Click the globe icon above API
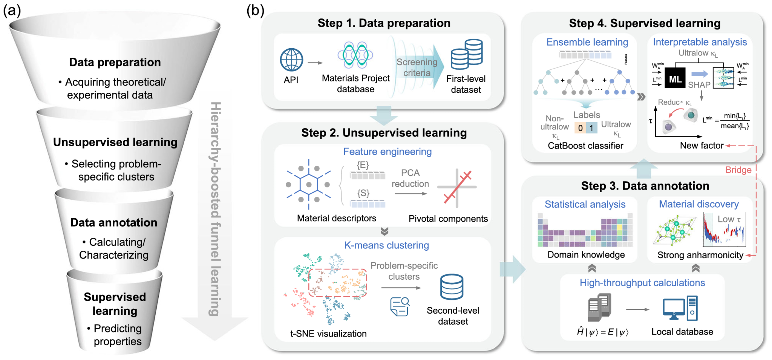pyautogui.click(x=291, y=60)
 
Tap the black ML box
pyautogui.click(x=675, y=78)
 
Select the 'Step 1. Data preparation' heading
pyautogui.click(x=384, y=23)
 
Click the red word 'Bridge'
pyautogui.click(x=738, y=170)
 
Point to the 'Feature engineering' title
pyautogui.click(x=387, y=152)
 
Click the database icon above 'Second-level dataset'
pyautogui.click(x=452, y=287)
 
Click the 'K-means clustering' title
pyautogui.click(x=386, y=245)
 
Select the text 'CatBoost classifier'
pyautogui.click(x=585, y=146)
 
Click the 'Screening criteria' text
pyautogui.click(x=417, y=67)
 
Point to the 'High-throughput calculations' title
pyautogui.click(x=642, y=283)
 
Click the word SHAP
pyautogui.click(x=699, y=85)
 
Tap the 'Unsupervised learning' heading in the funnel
pyautogui.click(x=115, y=142)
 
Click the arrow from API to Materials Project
pyautogui.click(x=315, y=63)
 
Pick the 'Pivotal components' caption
pyautogui.click(x=448, y=219)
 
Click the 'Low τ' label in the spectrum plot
pyautogui.click(x=729, y=219)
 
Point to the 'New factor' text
pyautogui.click(x=702, y=146)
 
